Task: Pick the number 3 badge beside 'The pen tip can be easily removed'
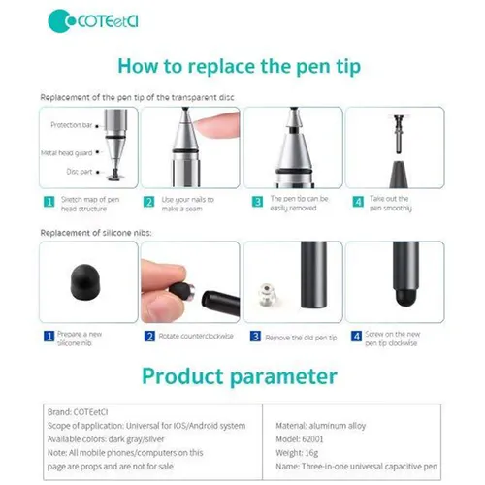tap(256, 202)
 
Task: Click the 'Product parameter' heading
tap(241, 375)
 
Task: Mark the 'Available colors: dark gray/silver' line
tap(113, 438)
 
